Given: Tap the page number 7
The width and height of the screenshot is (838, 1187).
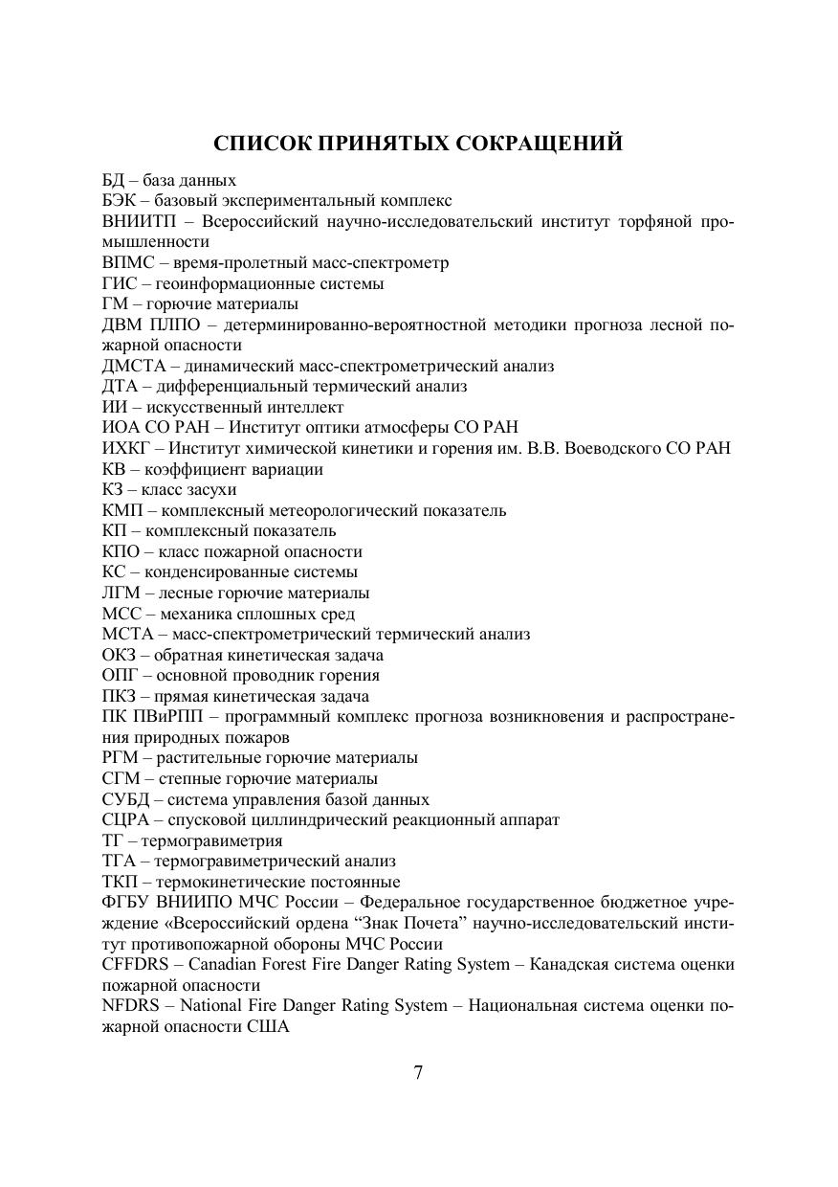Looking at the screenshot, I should [419, 1072].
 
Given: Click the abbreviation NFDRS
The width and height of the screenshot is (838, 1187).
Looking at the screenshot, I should [128, 1006].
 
